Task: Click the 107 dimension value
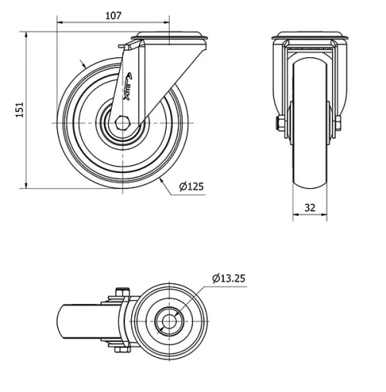coord(113,16)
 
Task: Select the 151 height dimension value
coord(20,110)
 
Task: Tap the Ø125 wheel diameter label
coord(191,186)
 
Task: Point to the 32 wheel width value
coord(310,208)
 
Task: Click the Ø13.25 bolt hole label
coord(229,278)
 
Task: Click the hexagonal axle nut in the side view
coord(123,123)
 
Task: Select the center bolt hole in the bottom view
coord(169,321)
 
